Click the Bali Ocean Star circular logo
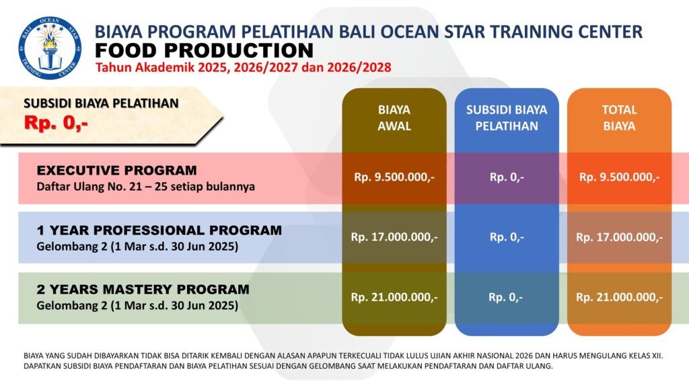coord(50,48)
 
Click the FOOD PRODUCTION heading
coord(205,50)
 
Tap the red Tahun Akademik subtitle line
coord(244,68)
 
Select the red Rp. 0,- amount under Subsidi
coord(57,123)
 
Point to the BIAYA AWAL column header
coord(394,118)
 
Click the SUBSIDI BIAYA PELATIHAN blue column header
coord(507,118)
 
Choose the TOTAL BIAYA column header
coord(619,118)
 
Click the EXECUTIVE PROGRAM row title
coord(117,170)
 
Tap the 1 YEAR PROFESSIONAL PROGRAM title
coord(159,230)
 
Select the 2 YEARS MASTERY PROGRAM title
coord(143,290)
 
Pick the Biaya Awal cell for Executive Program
coord(394,177)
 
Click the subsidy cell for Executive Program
coord(507,177)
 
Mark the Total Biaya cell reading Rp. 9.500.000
coord(619,177)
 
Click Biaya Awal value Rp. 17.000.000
coord(394,237)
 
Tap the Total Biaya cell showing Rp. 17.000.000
coord(619,237)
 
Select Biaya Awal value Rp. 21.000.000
coord(394,298)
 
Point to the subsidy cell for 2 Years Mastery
coord(506,298)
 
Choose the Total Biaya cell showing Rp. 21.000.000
coord(619,298)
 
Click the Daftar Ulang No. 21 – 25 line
coord(145,187)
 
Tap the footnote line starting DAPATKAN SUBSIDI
coord(288,366)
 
